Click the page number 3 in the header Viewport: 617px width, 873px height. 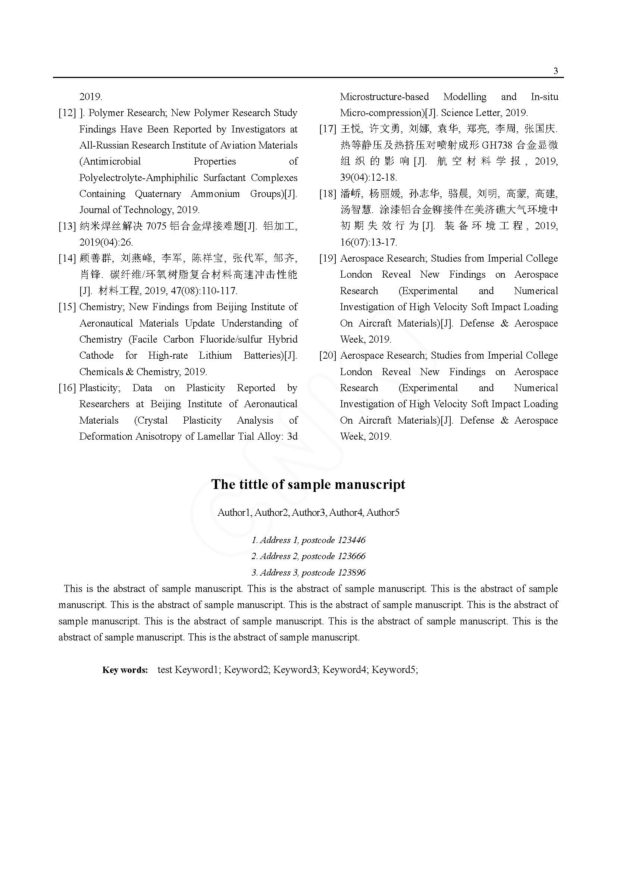click(x=556, y=71)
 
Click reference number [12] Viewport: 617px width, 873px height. click(x=67, y=113)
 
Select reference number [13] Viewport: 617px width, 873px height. click(x=67, y=226)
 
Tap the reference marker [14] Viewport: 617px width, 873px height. click(x=67, y=259)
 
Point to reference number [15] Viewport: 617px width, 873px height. click(x=67, y=307)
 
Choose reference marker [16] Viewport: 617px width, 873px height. click(x=67, y=388)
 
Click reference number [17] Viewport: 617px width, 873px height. click(x=328, y=129)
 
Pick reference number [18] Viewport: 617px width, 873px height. click(x=328, y=194)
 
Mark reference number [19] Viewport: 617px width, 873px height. click(x=328, y=259)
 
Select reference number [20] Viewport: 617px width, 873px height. click(x=328, y=356)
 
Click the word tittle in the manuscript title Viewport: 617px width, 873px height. click(x=254, y=484)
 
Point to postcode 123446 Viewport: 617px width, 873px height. click(x=351, y=540)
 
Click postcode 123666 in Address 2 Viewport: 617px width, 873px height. click(x=351, y=556)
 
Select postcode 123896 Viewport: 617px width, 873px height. click(x=351, y=573)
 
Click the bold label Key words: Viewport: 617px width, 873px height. click(x=125, y=670)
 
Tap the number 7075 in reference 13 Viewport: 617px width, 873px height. click(x=156, y=226)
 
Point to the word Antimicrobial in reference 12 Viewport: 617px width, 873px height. click(x=110, y=162)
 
